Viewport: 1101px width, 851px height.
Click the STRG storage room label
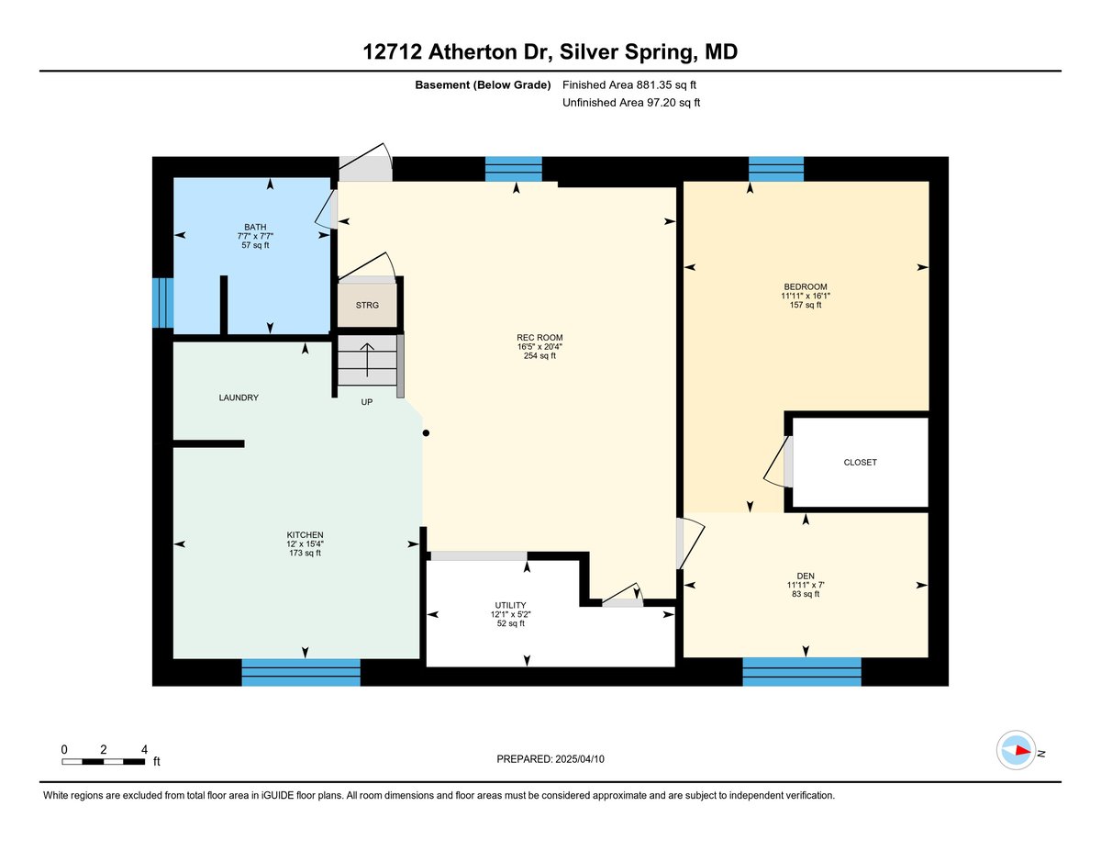[x=367, y=305]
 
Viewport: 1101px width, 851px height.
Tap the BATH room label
[x=255, y=227]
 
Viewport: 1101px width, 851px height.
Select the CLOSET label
[x=860, y=463]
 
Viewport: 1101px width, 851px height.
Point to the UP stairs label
[x=366, y=402]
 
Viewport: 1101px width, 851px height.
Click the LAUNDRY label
[x=239, y=398]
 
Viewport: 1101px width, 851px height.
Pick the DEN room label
[x=805, y=576]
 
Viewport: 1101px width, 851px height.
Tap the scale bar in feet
[x=104, y=761]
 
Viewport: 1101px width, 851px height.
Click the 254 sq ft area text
[x=539, y=356]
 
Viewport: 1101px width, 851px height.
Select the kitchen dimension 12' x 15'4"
[x=305, y=543]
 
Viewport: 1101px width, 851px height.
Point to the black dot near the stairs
[x=426, y=433]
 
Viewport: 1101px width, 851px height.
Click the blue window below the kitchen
[x=301, y=672]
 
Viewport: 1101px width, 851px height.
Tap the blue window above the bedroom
[x=775, y=169]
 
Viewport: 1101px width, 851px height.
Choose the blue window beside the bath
[x=162, y=303]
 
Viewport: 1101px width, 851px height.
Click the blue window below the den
[x=802, y=672]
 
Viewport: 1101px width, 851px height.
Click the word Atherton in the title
[x=473, y=51]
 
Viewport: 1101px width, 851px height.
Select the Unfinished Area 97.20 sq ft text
[x=631, y=103]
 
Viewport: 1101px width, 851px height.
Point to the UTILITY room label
[x=510, y=605]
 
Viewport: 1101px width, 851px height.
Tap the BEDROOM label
[x=805, y=286]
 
